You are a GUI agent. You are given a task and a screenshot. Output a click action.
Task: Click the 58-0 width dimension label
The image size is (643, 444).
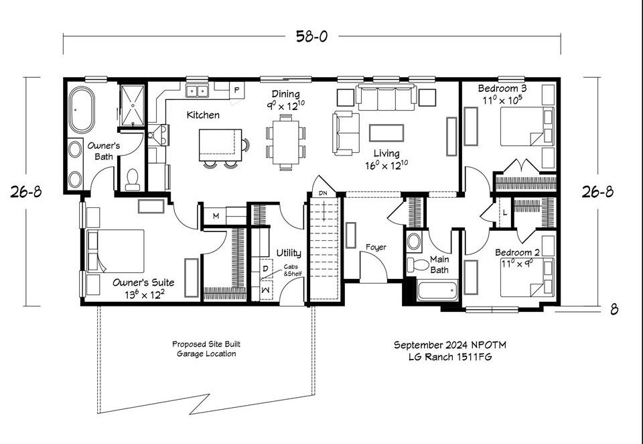[311, 37]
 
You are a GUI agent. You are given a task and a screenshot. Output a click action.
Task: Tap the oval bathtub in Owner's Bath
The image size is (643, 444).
[82, 110]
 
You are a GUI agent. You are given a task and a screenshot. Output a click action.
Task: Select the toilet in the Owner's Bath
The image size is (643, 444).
[133, 180]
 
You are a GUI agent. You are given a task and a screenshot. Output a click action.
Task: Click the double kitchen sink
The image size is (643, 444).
[197, 91]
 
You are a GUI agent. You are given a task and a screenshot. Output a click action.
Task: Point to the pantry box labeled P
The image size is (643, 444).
[236, 90]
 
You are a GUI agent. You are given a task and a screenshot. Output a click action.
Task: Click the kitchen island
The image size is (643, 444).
[220, 145]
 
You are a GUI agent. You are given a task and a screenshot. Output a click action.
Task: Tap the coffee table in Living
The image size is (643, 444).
[386, 133]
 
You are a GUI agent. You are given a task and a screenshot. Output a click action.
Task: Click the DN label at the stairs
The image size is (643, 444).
[323, 193]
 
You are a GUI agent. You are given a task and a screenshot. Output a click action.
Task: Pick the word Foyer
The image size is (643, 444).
[376, 247]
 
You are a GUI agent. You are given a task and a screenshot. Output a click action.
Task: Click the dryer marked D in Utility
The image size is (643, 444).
[266, 269]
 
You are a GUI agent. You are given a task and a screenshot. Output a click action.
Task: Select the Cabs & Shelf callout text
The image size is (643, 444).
[293, 270]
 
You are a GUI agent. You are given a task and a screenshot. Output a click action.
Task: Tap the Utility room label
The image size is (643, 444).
[289, 253]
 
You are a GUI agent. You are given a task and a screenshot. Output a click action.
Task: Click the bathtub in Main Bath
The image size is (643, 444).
[437, 290]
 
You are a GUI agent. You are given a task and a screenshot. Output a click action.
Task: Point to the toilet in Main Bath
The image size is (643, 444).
[418, 264]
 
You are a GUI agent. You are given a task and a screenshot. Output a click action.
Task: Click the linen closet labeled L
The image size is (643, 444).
[504, 213]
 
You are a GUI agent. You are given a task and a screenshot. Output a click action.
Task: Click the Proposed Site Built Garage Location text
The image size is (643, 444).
[206, 349]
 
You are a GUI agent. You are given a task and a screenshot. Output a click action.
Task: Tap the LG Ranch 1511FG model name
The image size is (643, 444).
[450, 357]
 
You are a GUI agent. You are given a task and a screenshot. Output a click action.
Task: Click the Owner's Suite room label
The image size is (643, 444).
[143, 282]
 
